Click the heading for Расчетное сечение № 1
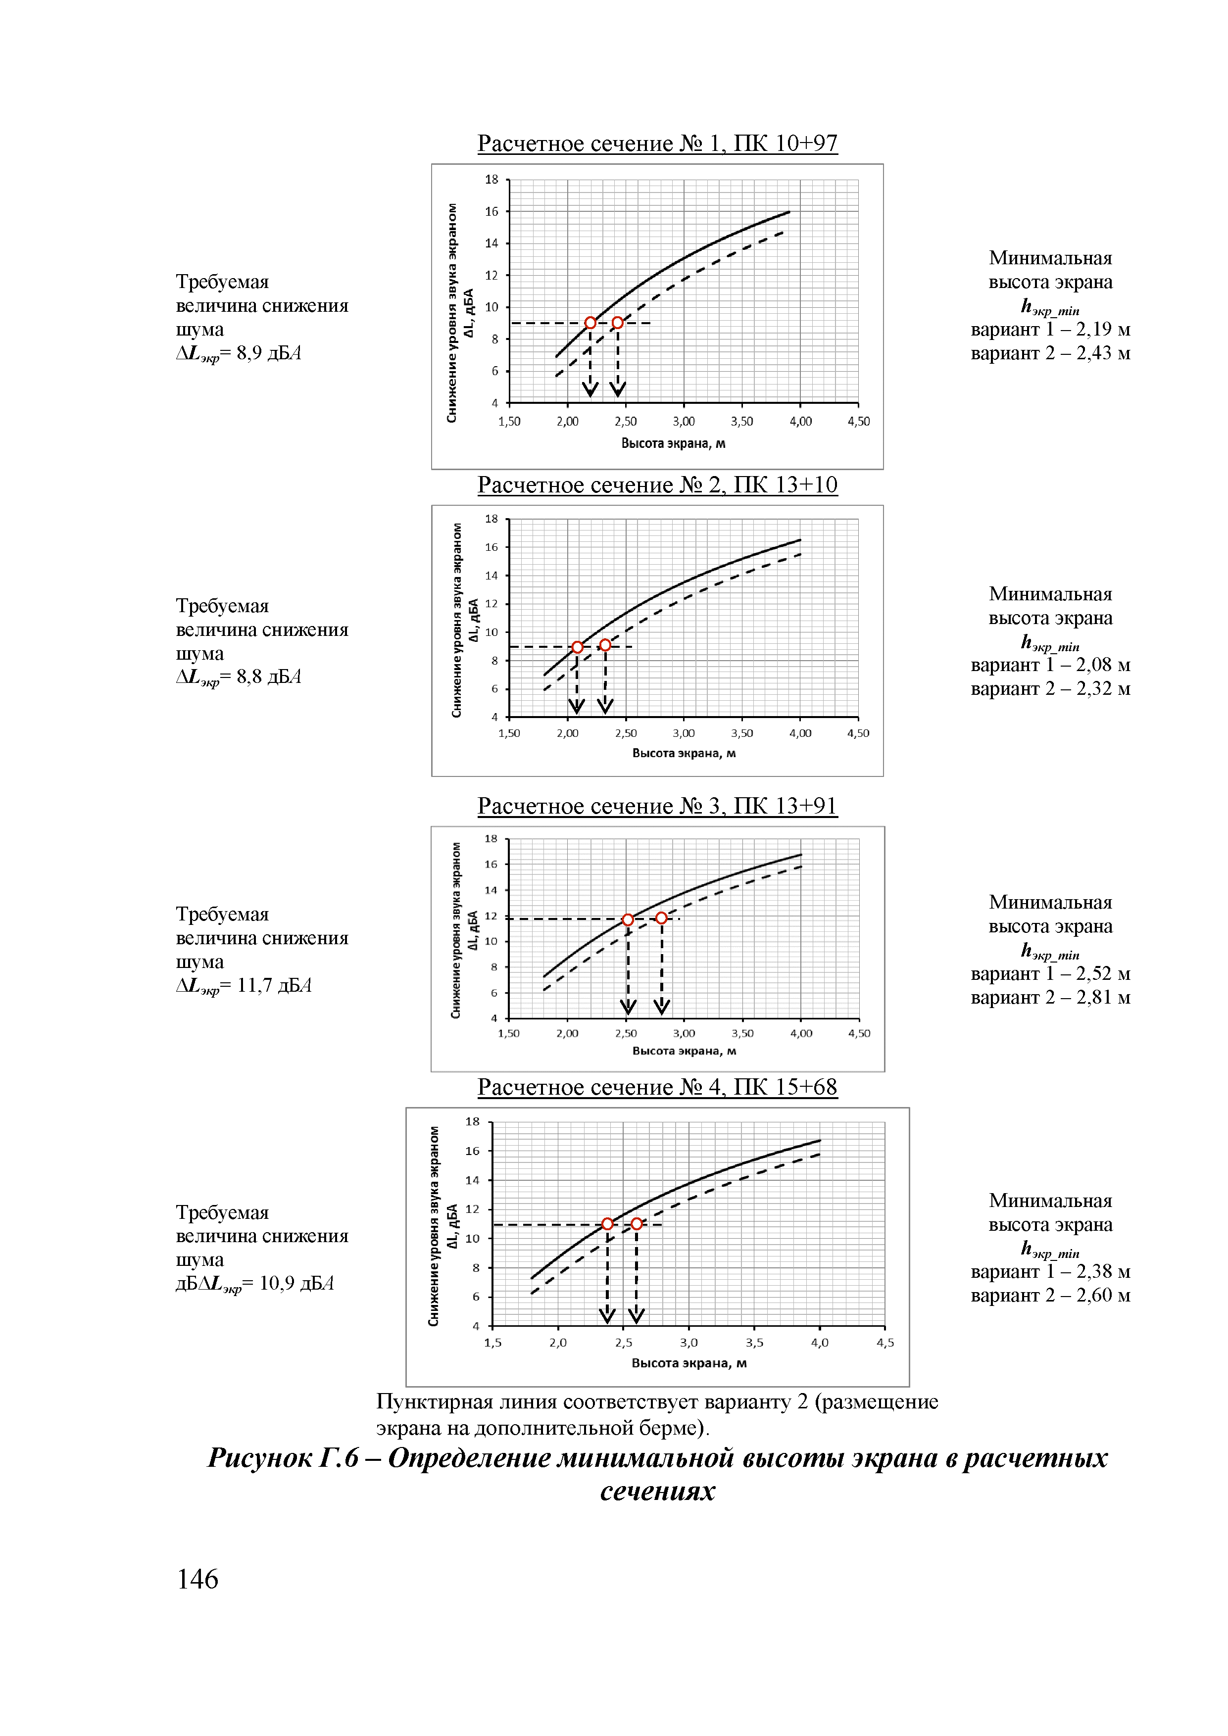[657, 143]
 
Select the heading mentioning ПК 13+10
[657, 484]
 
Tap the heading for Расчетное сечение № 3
[657, 806]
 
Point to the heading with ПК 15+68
[657, 1087]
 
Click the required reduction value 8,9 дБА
[268, 353]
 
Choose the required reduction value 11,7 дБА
[274, 985]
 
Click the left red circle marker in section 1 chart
[590, 323]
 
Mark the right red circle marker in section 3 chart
[662, 918]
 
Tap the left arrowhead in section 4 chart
[607, 1316]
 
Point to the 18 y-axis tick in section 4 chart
[473, 1122]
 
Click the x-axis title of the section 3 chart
[684, 1051]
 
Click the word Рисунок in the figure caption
[259, 1458]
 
